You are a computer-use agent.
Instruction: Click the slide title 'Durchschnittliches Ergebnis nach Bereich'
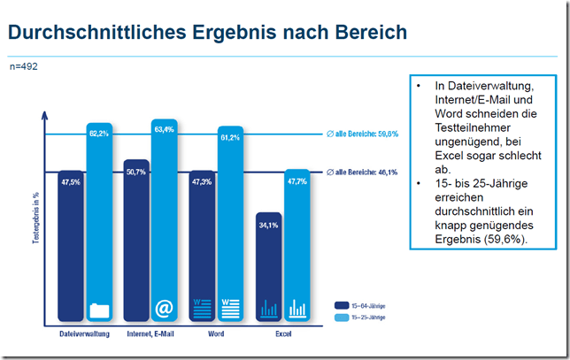click(x=207, y=34)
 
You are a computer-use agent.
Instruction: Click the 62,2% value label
click(x=99, y=133)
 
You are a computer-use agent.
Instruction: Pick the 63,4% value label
click(x=164, y=129)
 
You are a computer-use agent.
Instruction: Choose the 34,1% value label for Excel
click(x=268, y=224)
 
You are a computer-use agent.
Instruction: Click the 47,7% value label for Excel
click(x=297, y=180)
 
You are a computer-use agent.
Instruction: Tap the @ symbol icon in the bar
click(x=164, y=308)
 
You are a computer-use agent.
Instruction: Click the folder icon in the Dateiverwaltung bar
click(x=99, y=310)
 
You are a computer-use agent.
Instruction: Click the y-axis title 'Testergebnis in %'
click(x=36, y=218)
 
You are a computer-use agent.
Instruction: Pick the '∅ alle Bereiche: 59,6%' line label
click(x=362, y=134)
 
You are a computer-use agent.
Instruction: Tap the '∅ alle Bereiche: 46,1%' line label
click(x=362, y=172)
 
